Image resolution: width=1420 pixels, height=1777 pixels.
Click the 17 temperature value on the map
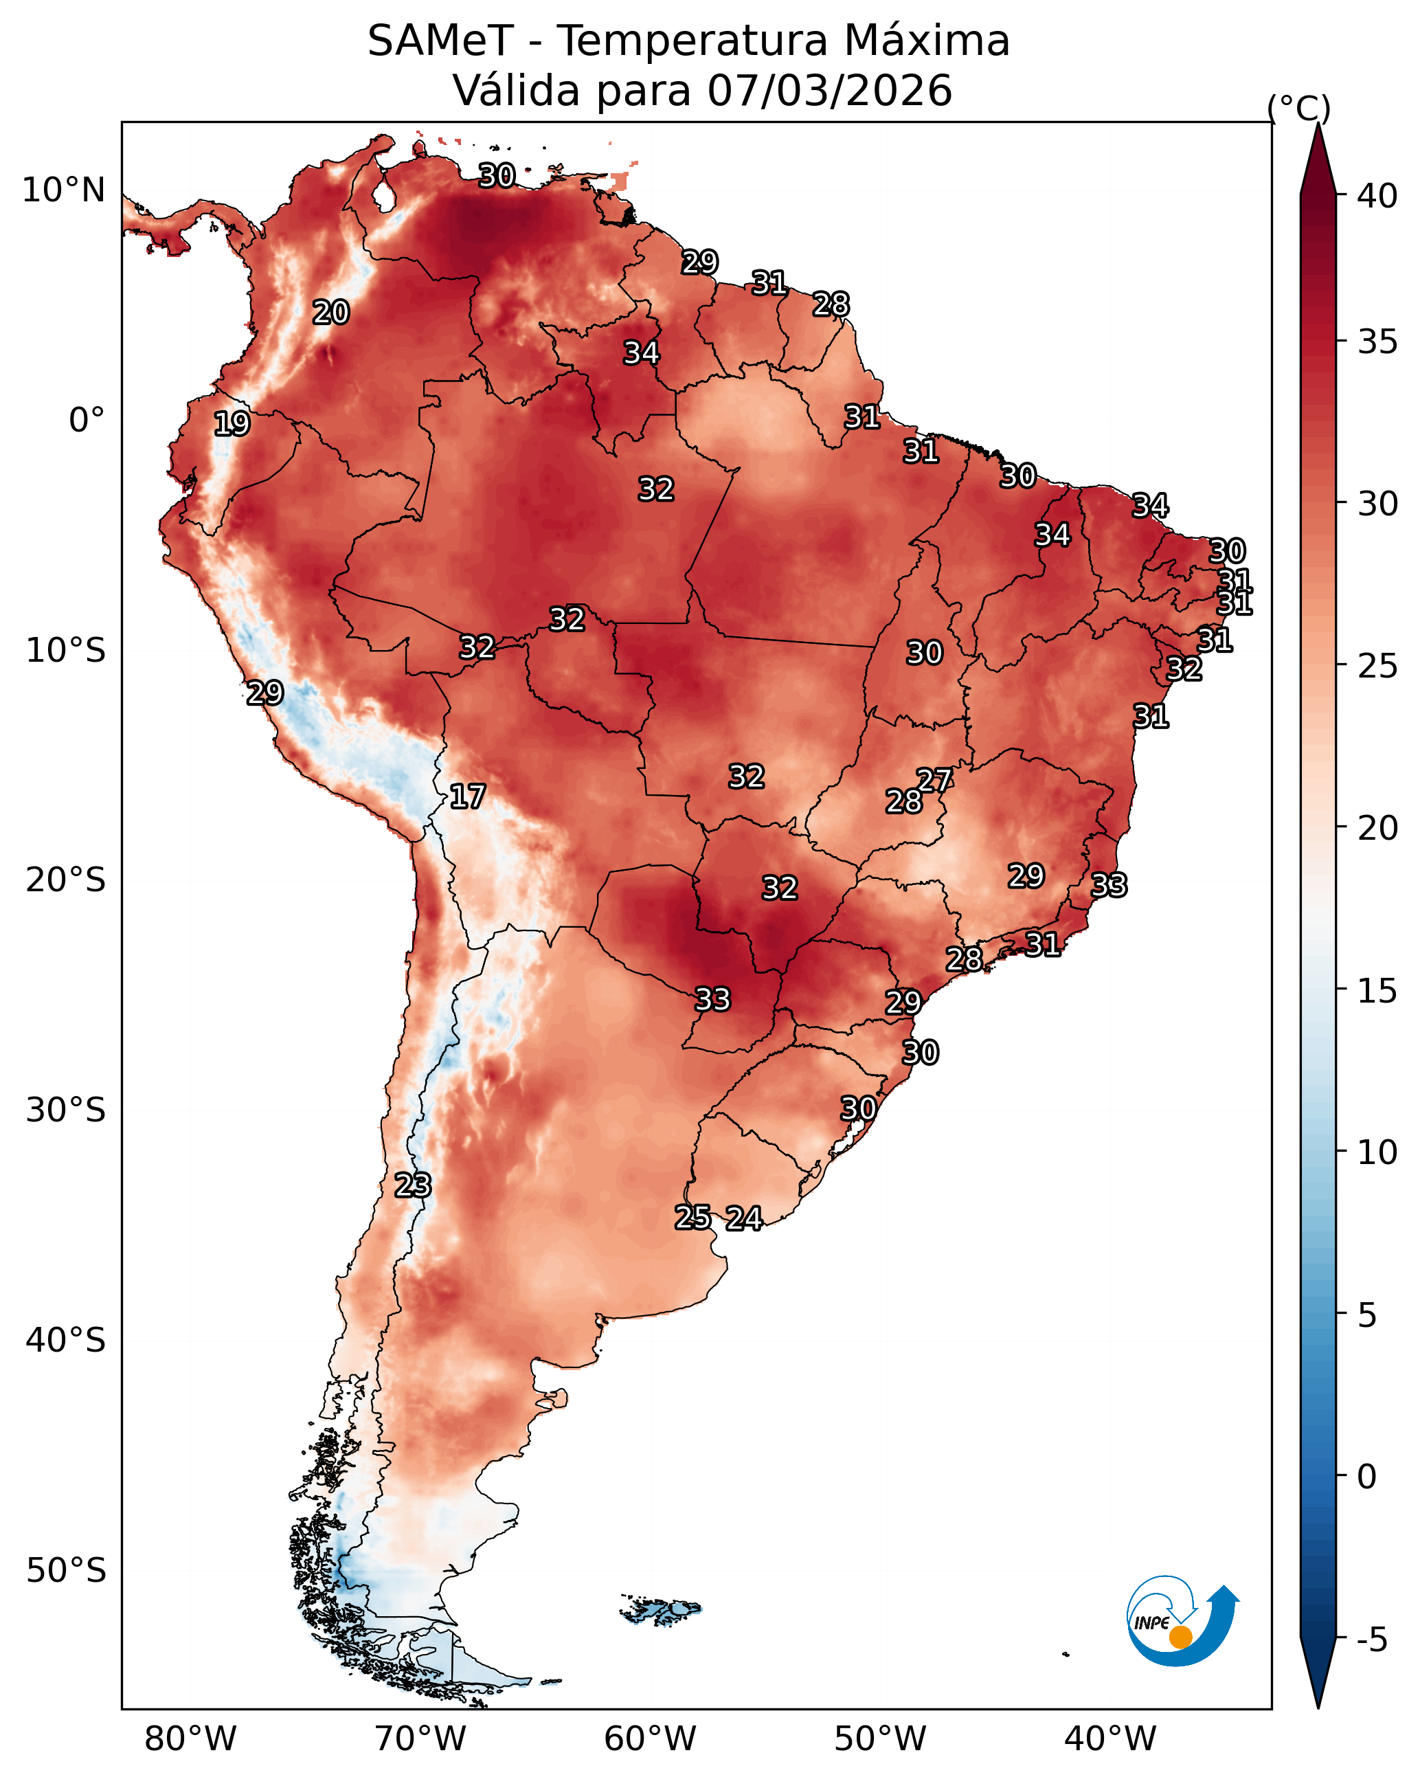pyautogui.click(x=467, y=796)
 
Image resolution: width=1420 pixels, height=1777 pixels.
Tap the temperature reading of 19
pyautogui.click(x=232, y=424)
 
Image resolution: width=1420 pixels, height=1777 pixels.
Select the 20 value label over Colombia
pyautogui.click(x=330, y=313)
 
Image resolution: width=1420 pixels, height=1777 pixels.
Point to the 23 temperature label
pyautogui.click(x=412, y=1185)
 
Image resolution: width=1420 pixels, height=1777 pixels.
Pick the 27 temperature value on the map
pyautogui.click(x=934, y=780)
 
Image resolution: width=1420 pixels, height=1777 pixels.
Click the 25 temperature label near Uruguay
pyautogui.click(x=692, y=1218)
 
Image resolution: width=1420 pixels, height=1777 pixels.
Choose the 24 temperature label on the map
pyautogui.click(x=743, y=1218)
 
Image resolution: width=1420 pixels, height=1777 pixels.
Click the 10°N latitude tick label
pyautogui.click(x=63, y=190)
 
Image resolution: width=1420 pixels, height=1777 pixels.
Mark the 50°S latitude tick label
pyautogui.click(x=66, y=1571)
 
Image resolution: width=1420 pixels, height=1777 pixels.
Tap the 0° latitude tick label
pyautogui.click(x=87, y=421)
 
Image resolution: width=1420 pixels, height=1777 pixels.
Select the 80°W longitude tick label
pyautogui.click(x=190, y=1739)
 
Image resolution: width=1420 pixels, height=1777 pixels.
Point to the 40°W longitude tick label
pyautogui.click(x=1110, y=1739)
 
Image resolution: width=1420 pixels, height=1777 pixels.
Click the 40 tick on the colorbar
pyautogui.click(x=1377, y=196)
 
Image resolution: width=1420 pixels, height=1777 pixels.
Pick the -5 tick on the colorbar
pyautogui.click(x=1372, y=1640)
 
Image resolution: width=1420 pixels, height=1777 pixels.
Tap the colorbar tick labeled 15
pyautogui.click(x=1377, y=991)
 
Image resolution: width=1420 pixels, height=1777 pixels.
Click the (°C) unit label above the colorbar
pyautogui.click(x=1299, y=108)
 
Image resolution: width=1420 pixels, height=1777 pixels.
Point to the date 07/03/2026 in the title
pyautogui.click(x=830, y=91)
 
